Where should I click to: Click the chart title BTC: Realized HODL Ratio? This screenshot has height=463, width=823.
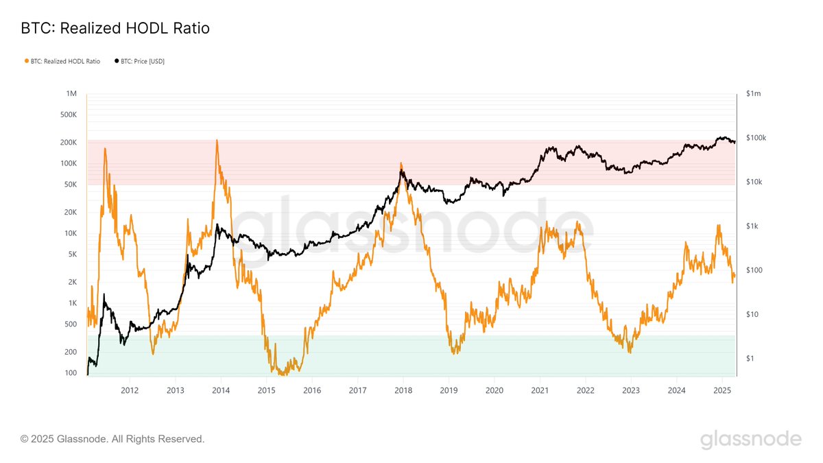click(x=115, y=28)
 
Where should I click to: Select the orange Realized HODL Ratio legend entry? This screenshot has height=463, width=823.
click(x=62, y=61)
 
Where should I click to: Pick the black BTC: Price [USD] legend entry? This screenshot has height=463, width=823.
click(x=140, y=61)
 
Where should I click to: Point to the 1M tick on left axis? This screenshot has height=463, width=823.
click(x=72, y=93)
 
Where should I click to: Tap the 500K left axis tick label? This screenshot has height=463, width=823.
click(x=68, y=115)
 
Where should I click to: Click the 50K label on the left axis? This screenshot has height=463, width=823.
click(x=70, y=185)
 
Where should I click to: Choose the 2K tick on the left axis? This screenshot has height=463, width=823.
click(x=72, y=282)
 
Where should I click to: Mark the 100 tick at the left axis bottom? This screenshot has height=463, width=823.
click(x=71, y=373)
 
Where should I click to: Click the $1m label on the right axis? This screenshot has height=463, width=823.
click(x=754, y=93)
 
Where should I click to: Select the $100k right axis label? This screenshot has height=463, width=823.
click(x=756, y=138)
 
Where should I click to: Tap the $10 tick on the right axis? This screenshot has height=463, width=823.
click(x=752, y=314)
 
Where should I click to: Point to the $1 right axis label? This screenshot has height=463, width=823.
click(x=750, y=359)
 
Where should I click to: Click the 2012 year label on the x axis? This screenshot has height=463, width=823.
click(x=130, y=390)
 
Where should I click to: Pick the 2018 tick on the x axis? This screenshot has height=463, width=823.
click(x=403, y=390)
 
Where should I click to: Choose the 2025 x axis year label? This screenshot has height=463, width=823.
click(x=721, y=390)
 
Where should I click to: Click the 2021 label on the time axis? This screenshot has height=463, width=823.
click(x=540, y=390)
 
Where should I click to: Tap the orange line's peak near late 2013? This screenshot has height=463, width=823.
click(x=217, y=141)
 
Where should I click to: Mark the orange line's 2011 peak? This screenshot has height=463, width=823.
click(x=105, y=148)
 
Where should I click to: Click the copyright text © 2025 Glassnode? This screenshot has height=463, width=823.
click(x=112, y=438)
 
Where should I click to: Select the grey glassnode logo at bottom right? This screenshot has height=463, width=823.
click(x=750, y=439)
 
